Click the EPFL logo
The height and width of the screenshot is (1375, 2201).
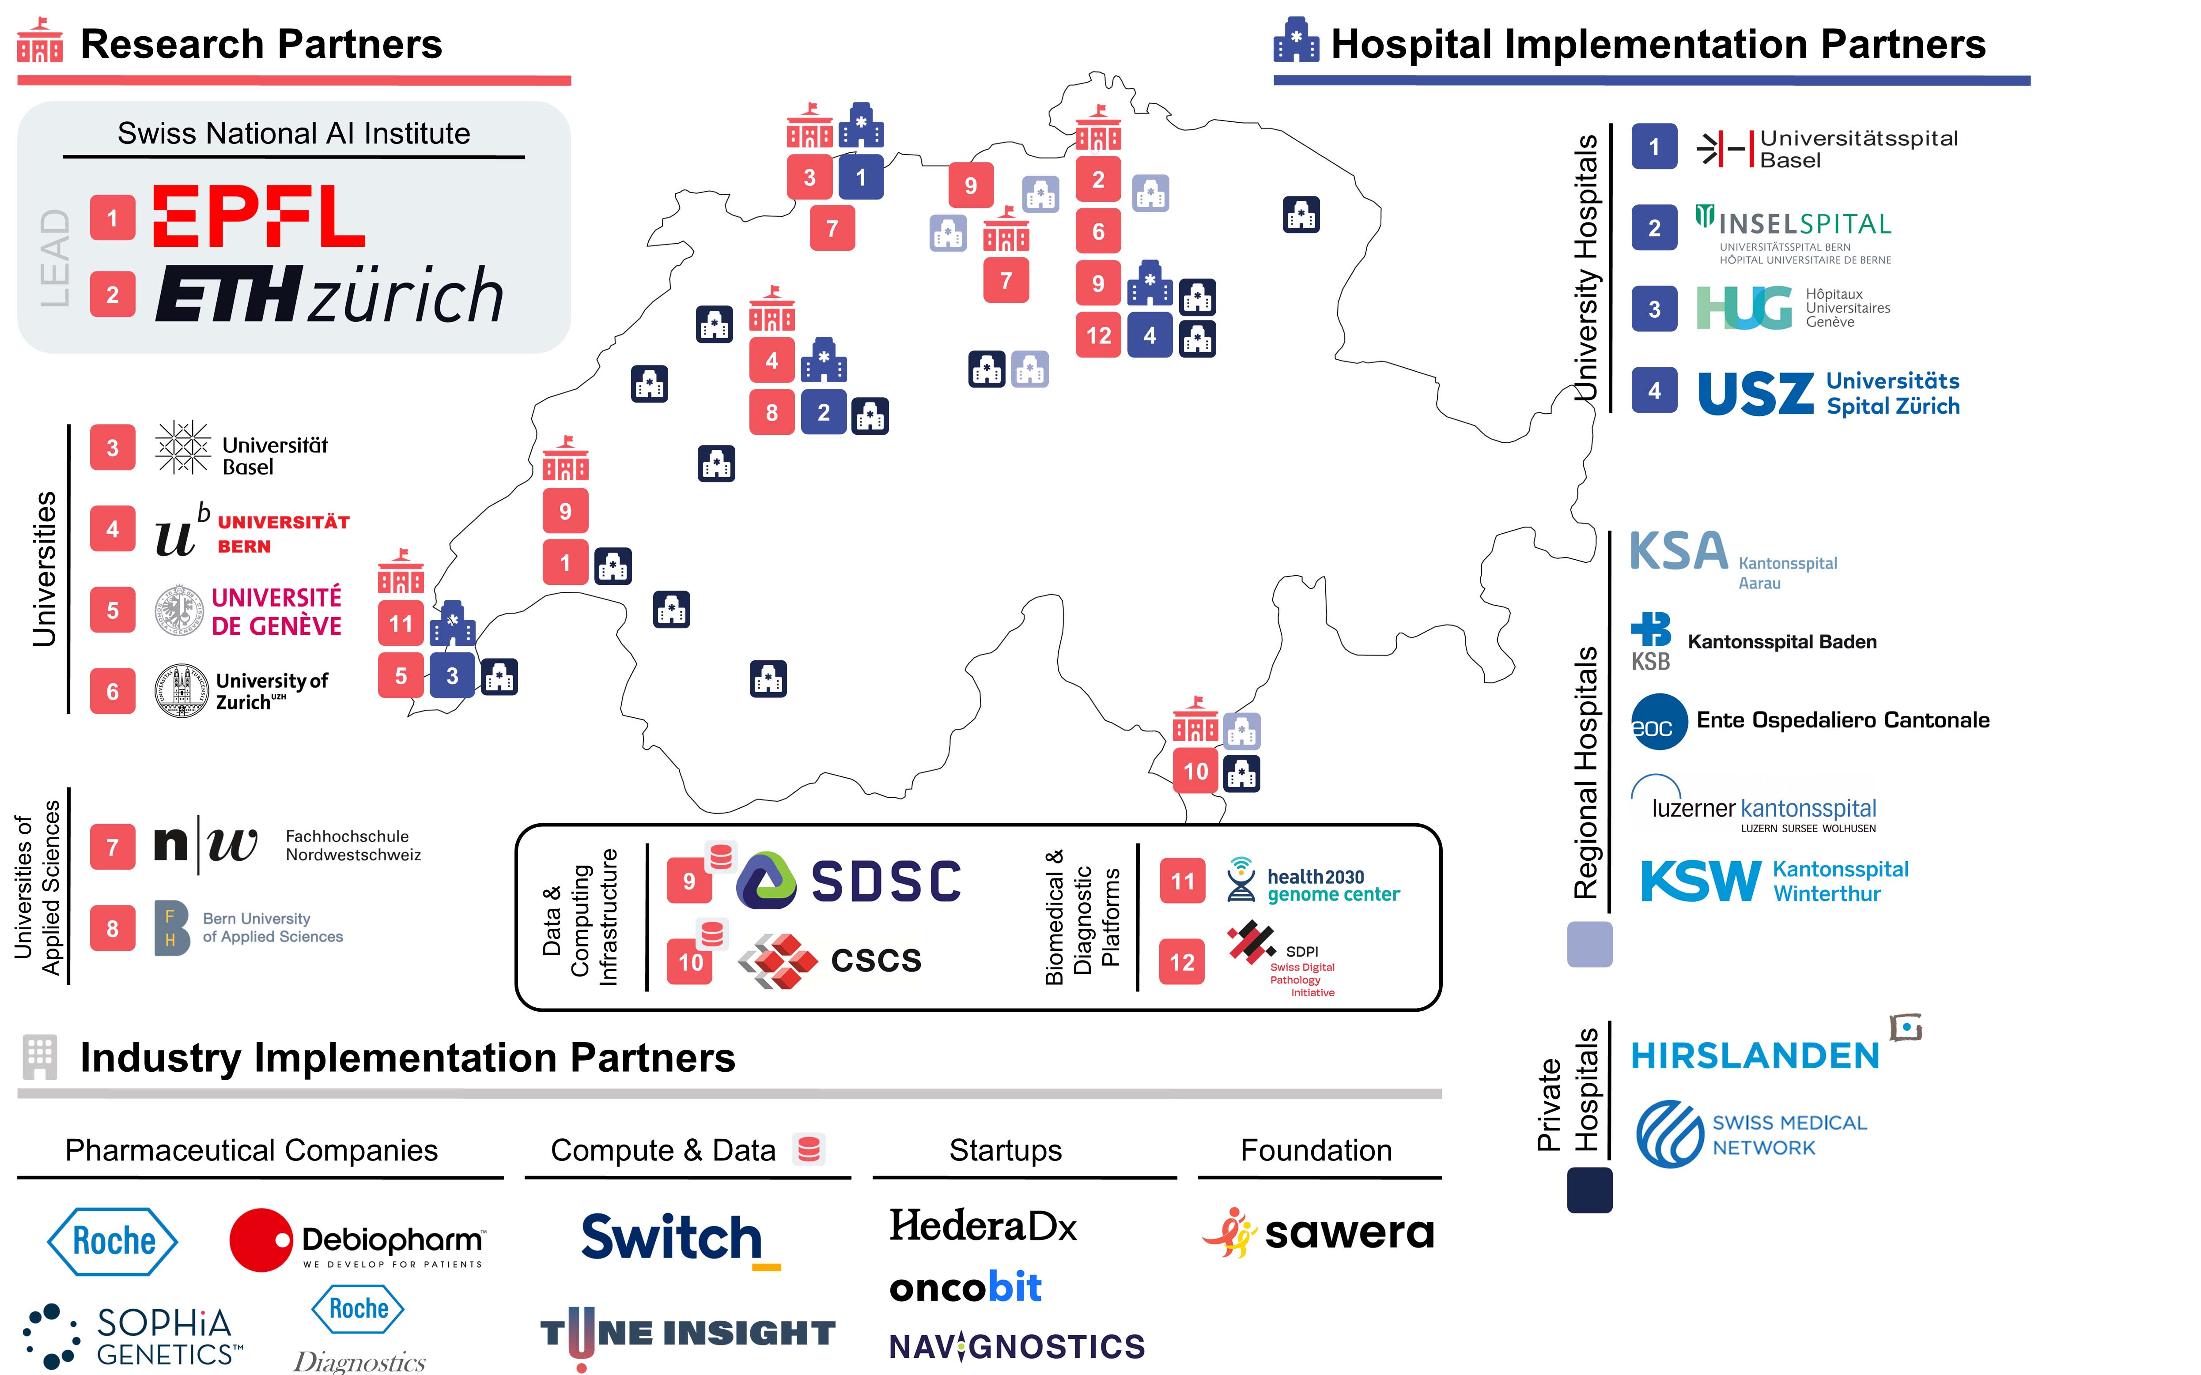pos(259,216)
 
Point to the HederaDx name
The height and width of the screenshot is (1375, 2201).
pos(982,1226)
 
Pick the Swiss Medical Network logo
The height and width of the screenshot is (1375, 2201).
pos(1751,1135)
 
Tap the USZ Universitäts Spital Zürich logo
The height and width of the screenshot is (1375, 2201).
pos(1828,393)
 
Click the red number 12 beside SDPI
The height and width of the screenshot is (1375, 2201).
pos(1181,962)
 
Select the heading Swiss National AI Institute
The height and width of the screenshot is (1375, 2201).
pos(294,134)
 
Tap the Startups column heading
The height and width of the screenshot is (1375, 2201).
pos(1005,1150)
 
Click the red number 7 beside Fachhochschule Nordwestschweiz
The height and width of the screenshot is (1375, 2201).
pos(113,848)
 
